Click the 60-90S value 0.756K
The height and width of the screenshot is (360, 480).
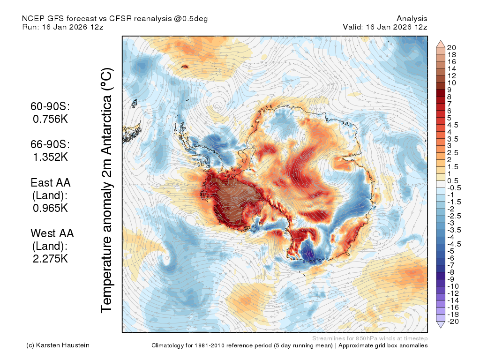point(50,119)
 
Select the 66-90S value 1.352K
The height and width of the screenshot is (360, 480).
point(50,157)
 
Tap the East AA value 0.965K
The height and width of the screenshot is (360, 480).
point(50,208)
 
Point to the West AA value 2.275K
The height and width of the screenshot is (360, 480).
point(50,259)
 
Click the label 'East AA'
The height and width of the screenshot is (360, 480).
point(51,183)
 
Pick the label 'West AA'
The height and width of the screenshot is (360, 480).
point(52,233)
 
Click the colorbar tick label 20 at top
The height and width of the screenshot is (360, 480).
point(451,48)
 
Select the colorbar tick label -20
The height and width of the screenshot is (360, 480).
point(453,322)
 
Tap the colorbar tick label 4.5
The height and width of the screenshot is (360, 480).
point(453,125)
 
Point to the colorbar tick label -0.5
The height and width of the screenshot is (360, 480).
point(454,188)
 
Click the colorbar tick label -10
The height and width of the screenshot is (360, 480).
point(453,286)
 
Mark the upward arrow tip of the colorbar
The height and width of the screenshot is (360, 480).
point(441,40)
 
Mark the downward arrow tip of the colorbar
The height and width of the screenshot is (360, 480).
point(441,328)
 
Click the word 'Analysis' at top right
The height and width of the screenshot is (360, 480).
point(412,19)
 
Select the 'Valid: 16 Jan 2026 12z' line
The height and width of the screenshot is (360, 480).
point(385,27)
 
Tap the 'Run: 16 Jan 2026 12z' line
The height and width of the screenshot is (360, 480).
point(63,27)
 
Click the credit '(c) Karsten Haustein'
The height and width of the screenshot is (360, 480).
point(58,345)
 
